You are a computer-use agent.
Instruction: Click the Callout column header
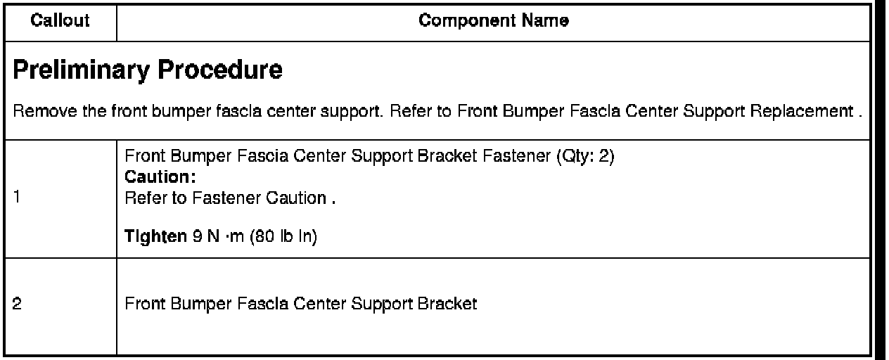point(60,22)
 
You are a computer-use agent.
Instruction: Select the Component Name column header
point(494,22)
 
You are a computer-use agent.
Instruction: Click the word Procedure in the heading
point(216,72)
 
